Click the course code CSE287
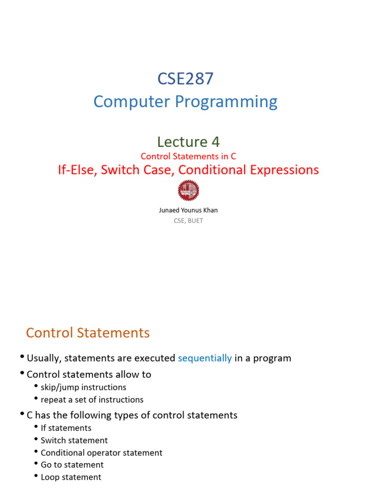[185, 79]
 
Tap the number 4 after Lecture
[215, 141]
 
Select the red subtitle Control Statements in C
[188, 156]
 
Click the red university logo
[188, 190]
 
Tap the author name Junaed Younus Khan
[188, 210]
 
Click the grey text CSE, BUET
[188, 221]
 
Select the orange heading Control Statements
[88, 333]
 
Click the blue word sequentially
[205, 358]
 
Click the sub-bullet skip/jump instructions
[83, 387]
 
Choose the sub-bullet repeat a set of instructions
[92, 399]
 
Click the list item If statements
[66, 428]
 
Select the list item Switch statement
[74, 440]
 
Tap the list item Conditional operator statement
[101, 452]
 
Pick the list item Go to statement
[72, 465]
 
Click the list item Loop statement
[71, 477]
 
